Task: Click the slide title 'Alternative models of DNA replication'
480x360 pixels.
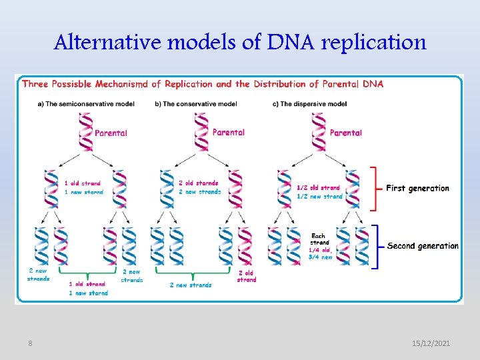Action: point(240,43)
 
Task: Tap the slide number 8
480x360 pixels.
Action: point(30,343)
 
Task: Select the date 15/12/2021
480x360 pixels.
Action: point(431,343)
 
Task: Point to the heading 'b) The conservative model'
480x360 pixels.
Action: point(196,104)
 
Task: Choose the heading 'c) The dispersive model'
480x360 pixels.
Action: point(311,104)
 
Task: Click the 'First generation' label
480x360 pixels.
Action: point(417,189)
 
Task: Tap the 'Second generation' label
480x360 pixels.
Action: point(423,246)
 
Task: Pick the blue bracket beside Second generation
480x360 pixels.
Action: point(375,247)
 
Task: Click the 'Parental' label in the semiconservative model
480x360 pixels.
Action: point(111,133)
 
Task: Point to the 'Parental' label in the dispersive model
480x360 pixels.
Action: point(345,133)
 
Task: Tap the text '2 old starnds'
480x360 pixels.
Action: point(198,183)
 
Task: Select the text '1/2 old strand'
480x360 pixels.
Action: point(318,188)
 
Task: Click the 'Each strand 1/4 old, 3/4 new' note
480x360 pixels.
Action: point(320,246)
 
